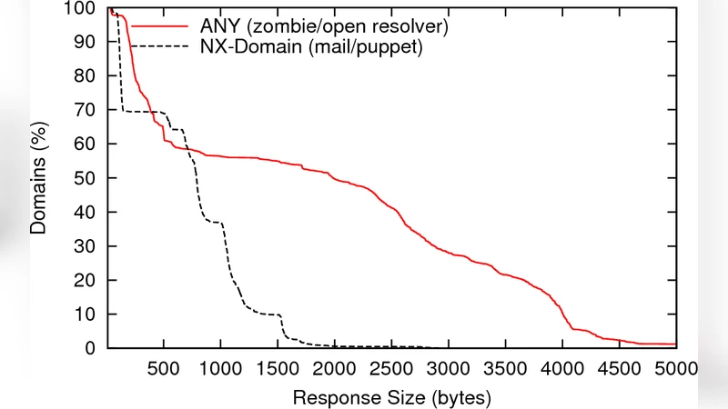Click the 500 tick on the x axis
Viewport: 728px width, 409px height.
point(163,368)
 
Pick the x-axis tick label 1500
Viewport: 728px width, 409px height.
point(277,368)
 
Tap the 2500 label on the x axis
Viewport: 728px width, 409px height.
point(391,368)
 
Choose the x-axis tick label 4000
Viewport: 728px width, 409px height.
point(562,368)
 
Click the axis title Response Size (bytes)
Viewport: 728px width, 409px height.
point(392,397)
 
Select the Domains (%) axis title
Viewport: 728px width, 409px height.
point(38,179)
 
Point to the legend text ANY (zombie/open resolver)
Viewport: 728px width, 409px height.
point(325,26)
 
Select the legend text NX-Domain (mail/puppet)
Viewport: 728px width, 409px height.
point(312,46)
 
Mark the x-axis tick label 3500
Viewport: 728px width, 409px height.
point(505,368)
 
